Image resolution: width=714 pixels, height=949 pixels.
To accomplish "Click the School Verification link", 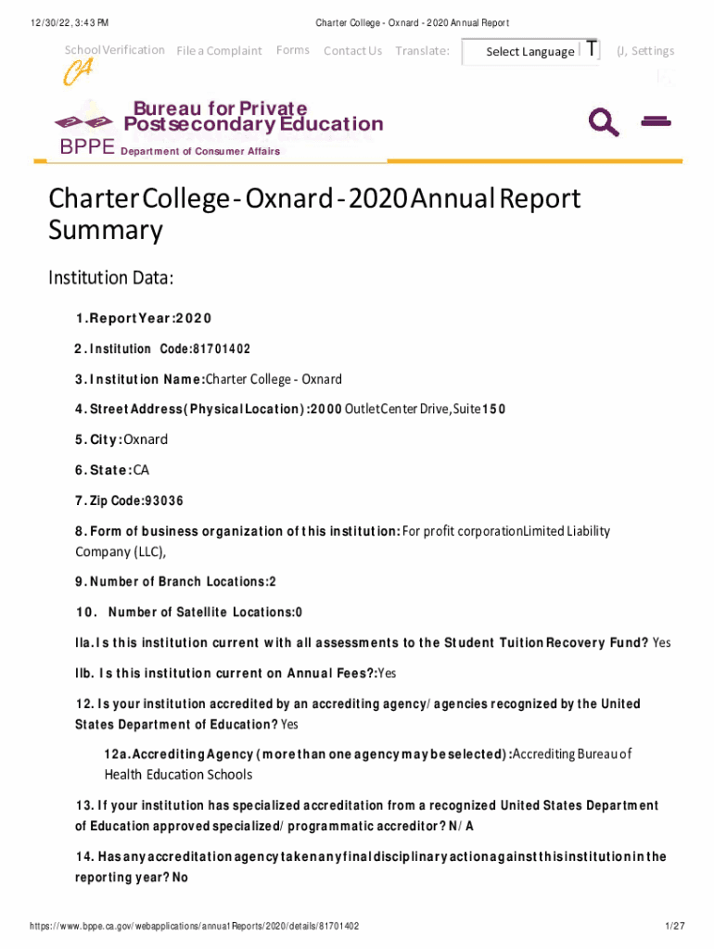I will [114, 50].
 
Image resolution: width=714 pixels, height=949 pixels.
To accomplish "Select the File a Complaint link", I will [219, 51].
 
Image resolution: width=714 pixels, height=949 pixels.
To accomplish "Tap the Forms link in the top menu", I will [293, 50].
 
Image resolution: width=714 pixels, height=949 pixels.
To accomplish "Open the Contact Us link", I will [352, 51].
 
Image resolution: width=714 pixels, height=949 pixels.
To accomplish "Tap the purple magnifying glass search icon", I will [604, 121].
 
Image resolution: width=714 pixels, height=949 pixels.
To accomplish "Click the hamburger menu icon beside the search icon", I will [656, 120].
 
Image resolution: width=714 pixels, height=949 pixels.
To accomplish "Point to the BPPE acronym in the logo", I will [87, 147].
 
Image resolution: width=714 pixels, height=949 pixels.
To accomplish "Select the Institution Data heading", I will [110, 278].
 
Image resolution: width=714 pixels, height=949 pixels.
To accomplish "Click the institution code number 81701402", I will [222, 349].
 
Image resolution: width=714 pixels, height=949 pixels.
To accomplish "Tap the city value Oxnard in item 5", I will [146, 439].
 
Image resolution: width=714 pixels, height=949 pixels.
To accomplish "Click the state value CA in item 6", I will [141, 470].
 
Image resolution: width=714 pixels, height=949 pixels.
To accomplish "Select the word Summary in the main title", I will [105, 231].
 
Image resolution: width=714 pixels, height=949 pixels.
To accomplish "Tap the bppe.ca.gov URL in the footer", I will [194, 926].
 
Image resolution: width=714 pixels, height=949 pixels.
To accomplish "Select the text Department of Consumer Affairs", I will [200, 151].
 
